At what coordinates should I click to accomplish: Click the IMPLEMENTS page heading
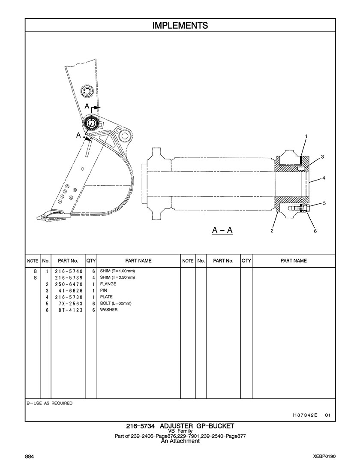(x=180, y=26)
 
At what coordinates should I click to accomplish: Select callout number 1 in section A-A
(x=306, y=136)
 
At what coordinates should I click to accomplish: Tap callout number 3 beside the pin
(x=322, y=157)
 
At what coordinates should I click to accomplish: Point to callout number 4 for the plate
(x=324, y=178)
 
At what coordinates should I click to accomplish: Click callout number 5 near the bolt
(x=324, y=203)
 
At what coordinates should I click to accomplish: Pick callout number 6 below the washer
(x=315, y=231)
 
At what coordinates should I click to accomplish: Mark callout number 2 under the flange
(x=272, y=231)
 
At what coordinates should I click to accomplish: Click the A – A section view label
(x=222, y=230)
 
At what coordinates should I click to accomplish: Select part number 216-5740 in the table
(x=69, y=271)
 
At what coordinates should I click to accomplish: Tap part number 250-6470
(x=69, y=284)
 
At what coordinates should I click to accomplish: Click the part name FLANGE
(x=108, y=284)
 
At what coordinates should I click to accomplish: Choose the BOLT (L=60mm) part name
(x=116, y=303)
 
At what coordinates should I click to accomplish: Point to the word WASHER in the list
(x=109, y=310)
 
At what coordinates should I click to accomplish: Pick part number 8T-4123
(x=70, y=310)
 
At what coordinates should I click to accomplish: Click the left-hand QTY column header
(x=91, y=261)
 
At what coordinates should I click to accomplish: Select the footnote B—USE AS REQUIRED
(x=49, y=403)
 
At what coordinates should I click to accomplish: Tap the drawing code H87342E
(x=305, y=415)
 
